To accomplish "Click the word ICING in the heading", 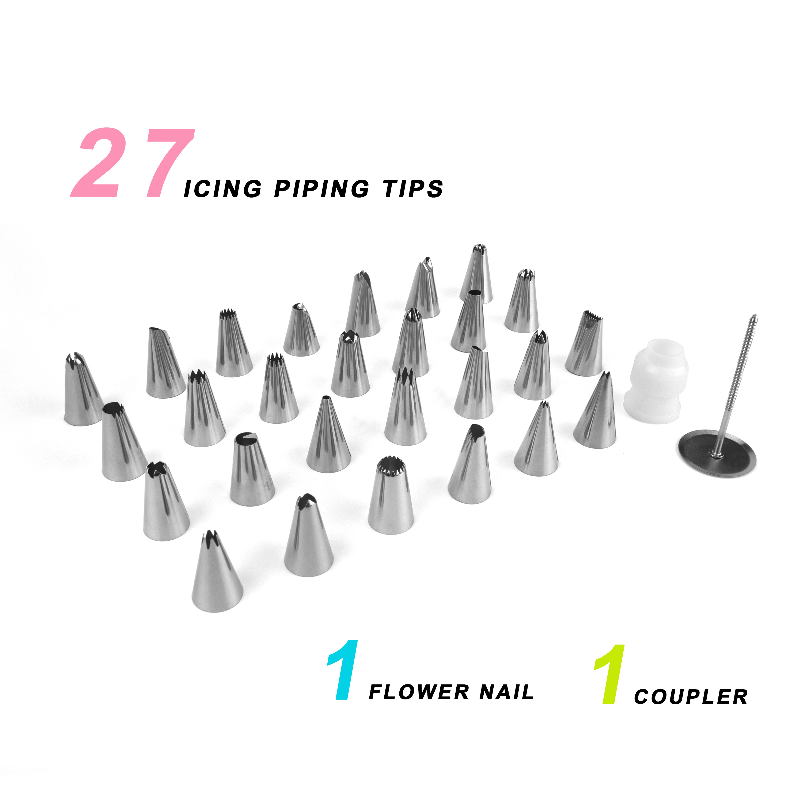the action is [x=223, y=189].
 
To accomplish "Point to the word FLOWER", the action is [x=419, y=692].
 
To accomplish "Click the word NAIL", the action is [x=507, y=692].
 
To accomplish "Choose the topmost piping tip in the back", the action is [x=476, y=274].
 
